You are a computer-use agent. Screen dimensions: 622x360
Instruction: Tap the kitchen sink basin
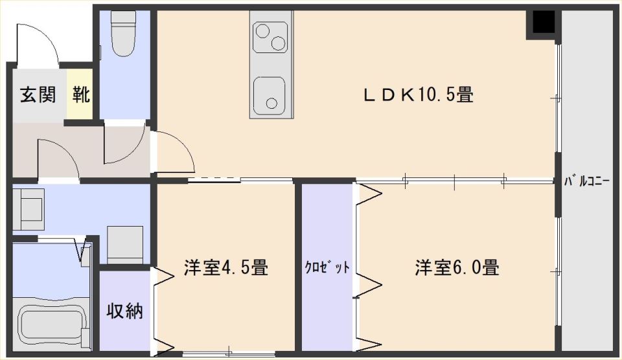point(270,95)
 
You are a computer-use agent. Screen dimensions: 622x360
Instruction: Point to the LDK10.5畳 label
point(419,95)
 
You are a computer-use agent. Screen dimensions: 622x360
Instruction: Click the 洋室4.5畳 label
point(225,267)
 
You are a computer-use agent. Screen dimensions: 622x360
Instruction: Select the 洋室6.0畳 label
point(457,267)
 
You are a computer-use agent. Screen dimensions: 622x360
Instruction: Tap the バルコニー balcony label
point(587,182)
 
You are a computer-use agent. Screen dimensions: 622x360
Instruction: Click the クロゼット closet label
point(327,267)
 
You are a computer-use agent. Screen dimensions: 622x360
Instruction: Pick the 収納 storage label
point(124,311)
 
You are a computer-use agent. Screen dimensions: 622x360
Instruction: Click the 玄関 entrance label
point(38,95)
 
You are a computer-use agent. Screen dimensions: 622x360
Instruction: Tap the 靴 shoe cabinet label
point(80,95)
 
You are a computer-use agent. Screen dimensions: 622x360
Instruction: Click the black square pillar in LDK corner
point(543,22)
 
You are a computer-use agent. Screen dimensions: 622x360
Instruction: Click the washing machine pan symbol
point(28,209)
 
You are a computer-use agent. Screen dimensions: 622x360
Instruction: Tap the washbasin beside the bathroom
point(124,245)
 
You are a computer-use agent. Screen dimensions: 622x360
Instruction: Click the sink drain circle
point(271,104)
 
